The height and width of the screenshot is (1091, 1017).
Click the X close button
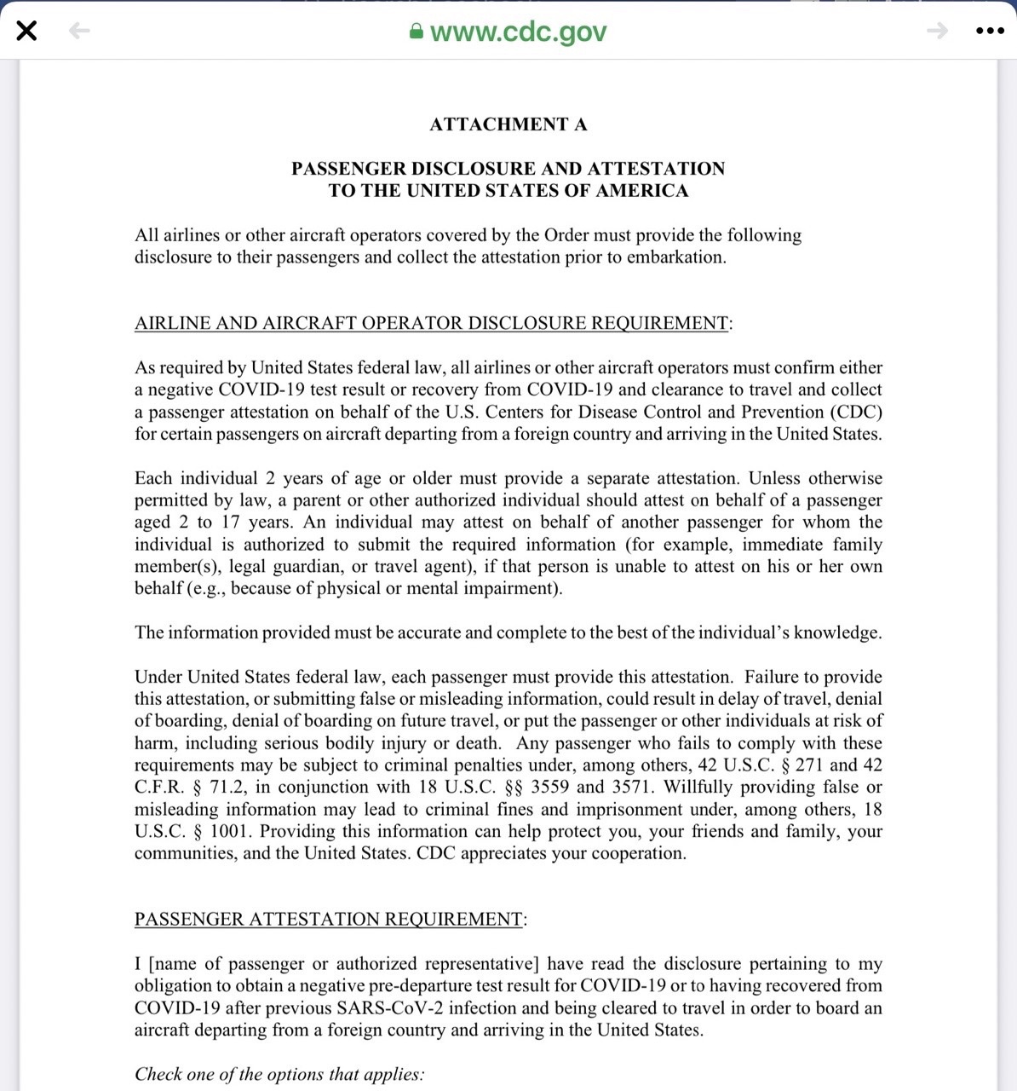pyautogui.click(x=26, y=32)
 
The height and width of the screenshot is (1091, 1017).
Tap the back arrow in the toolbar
pyautogui.click(x=78, y=32)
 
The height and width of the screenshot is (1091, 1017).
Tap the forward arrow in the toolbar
pyautogui.click(x=937, y=32)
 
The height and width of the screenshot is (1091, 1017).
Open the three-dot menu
pyautogui.click(x=989, y=32)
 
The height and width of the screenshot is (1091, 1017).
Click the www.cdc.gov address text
pyautogui.click(x=518, y=32)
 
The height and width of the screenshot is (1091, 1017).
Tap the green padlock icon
pyautogui.click(x=417, y=32)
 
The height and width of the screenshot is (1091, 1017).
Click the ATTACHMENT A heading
pyautogui.click(x=508, y=124)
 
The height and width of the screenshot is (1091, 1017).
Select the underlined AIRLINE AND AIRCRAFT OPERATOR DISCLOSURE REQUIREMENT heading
pyautogui.click(x=431, y=323)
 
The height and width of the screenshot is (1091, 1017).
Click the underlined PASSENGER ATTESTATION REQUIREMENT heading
pyautogui.click(x=328, y=919)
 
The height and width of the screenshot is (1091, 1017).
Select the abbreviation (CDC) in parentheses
pyautogui.click(x=854, y=412)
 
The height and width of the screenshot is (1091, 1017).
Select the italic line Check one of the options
pyautogui.click(x=279, y=1074)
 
